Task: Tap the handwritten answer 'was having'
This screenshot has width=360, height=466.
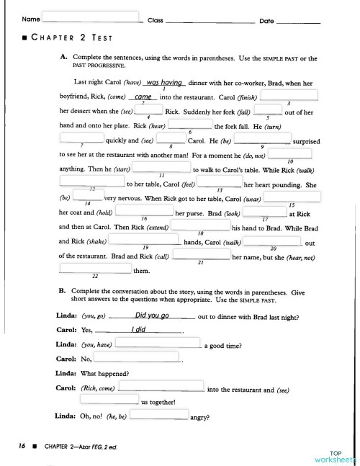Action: [165, 82]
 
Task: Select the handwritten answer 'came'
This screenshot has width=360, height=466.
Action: [143, 97]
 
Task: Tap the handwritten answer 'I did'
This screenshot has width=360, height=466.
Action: [140, 329]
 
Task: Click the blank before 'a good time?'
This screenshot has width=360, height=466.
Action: [158, 344]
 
